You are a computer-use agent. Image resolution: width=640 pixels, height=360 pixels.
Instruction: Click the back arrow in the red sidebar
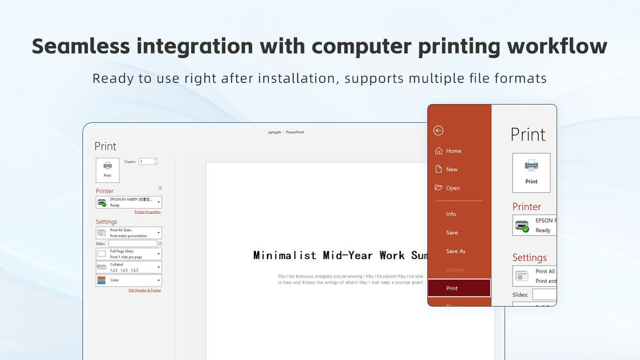coord(439,130)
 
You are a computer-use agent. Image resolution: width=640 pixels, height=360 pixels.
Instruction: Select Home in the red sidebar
coord(453,151)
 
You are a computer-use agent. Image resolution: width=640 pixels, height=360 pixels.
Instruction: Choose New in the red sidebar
coord(452,170)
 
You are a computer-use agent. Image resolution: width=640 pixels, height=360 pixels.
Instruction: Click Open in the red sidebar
coord(453,188)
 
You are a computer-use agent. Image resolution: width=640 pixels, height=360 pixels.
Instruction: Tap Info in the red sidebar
coord(451,214)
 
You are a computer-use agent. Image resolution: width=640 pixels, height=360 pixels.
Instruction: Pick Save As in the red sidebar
coord(455,251)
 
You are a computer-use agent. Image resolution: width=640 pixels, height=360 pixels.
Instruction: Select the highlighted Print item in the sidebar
coord(459,288)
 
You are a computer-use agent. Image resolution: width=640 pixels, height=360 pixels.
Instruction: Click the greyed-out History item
coord(454,270)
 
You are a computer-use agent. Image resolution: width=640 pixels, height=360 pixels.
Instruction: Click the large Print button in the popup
coord(531,173)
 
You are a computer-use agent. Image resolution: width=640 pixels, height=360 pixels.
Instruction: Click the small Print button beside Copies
coord(108,170)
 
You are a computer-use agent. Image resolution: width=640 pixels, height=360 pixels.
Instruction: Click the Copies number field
coord(146,162)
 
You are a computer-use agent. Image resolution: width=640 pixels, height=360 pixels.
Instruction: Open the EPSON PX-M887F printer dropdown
coord(129,202)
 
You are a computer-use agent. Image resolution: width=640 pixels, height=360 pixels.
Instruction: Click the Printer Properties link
coord(148,212)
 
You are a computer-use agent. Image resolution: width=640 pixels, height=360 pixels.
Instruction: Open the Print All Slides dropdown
coord(129,233)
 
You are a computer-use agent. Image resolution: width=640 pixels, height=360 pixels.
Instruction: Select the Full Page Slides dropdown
coord(129,254)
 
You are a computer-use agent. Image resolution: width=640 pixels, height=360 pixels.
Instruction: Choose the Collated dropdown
coord(129,267)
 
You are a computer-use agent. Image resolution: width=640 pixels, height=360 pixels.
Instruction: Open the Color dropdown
coord(129,280)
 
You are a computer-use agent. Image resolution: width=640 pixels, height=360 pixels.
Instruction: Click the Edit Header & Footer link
coord(145,291)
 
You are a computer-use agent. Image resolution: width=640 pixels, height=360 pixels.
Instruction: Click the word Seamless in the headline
coord(81,46)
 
